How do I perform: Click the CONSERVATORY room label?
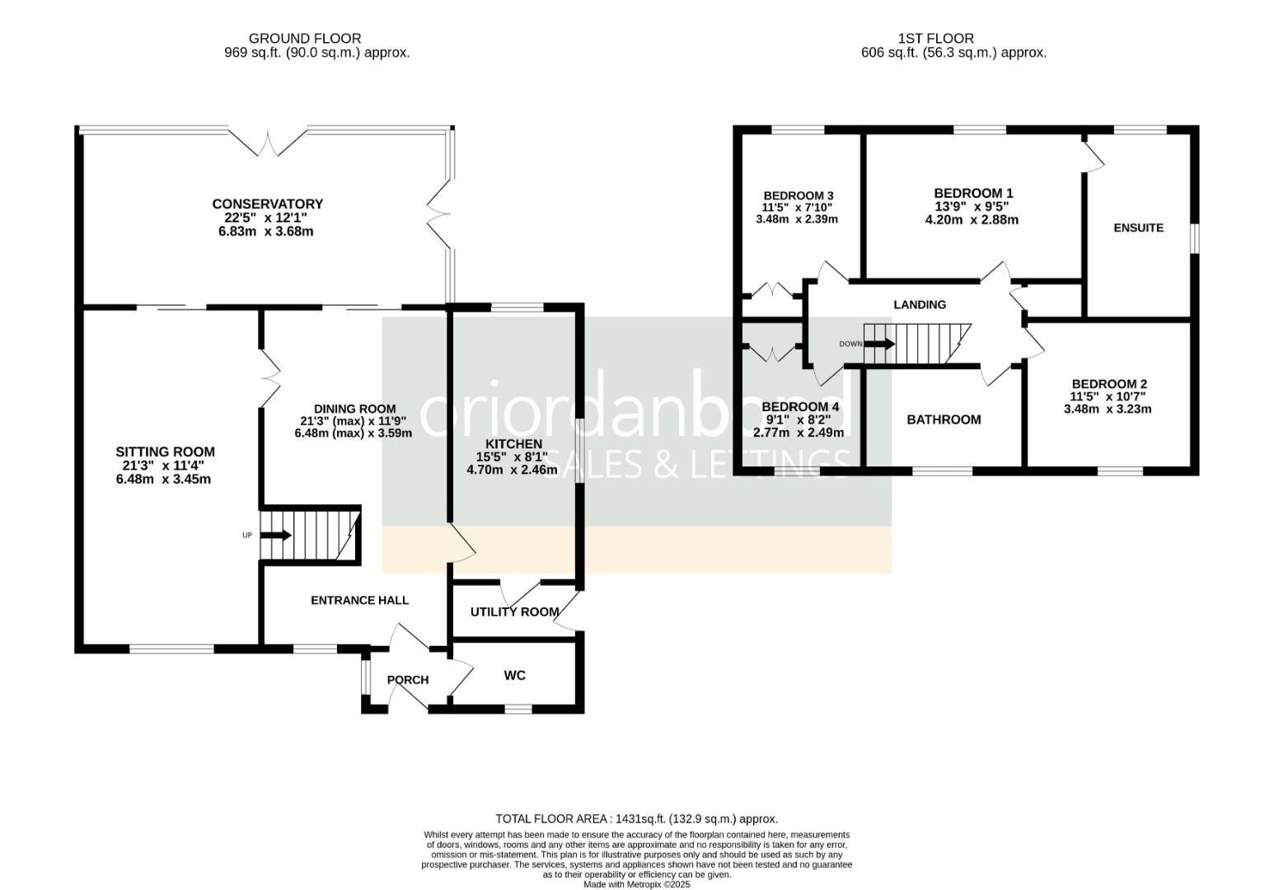click(x=267, y=204)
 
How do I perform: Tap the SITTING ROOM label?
click(x=165, y=452)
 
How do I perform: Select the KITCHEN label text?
click(x=513, y=443)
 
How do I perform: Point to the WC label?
click(x=514, y=675)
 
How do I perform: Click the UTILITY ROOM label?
click(x=514, y=612)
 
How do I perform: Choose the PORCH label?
click(x=408, y=680)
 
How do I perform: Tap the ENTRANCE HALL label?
click(x=359, y=600)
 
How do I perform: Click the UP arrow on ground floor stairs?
click(x=276, y=535)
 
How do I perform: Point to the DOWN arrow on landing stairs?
click(x=879, y=344)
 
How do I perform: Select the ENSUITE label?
click(x=1138, y=227)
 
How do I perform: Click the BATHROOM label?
click(x=944, y=419)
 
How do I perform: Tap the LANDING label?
click(x=920, y=304)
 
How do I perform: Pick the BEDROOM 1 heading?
click(x=973, y=194)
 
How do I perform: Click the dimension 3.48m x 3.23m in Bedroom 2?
click(x=1108, y=409)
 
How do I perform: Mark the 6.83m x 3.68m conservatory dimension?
click(x=265, y=232)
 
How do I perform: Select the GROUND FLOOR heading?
click(x=305, y=38)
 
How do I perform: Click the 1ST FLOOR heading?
click(x=935, y=38)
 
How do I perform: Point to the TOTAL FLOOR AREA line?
click(x=636, y=819)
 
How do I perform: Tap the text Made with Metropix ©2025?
click(x=636, y=885)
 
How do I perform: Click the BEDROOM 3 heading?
click(x=799, y=195)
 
